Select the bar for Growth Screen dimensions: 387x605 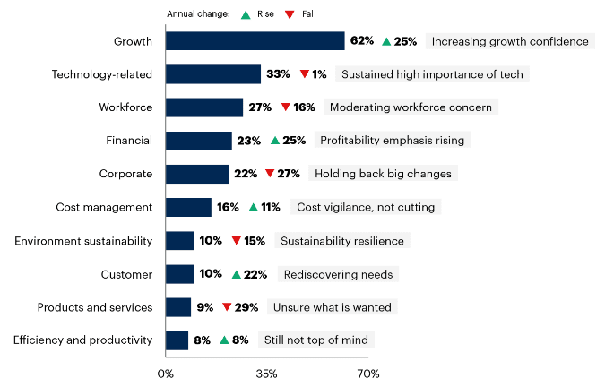[x=255, y=41]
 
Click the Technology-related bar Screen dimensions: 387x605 [x=213, y=74]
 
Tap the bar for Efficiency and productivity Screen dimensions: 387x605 [x=177, y=340]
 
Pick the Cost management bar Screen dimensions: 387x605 [x=188, y=207]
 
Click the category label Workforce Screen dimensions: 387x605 [x=125, y=107]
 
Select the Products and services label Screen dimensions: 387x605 [x=94, y=307]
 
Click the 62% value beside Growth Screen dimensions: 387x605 [x=362, y=41]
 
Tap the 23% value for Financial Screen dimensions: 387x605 [x=249, y=141]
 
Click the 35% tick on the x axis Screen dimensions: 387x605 [x=266, y=373]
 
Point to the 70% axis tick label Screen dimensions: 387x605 [x=367, y=373]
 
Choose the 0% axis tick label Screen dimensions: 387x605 [x=166, y=373]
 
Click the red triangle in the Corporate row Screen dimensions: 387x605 [x=270, y=174]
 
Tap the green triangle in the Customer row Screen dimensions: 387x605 [x=236, y=274]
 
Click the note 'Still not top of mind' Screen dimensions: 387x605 [x=316, y=340]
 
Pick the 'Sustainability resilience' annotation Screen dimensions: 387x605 [x=341, y=241]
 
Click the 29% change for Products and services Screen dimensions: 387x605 [x=246, y=307]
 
